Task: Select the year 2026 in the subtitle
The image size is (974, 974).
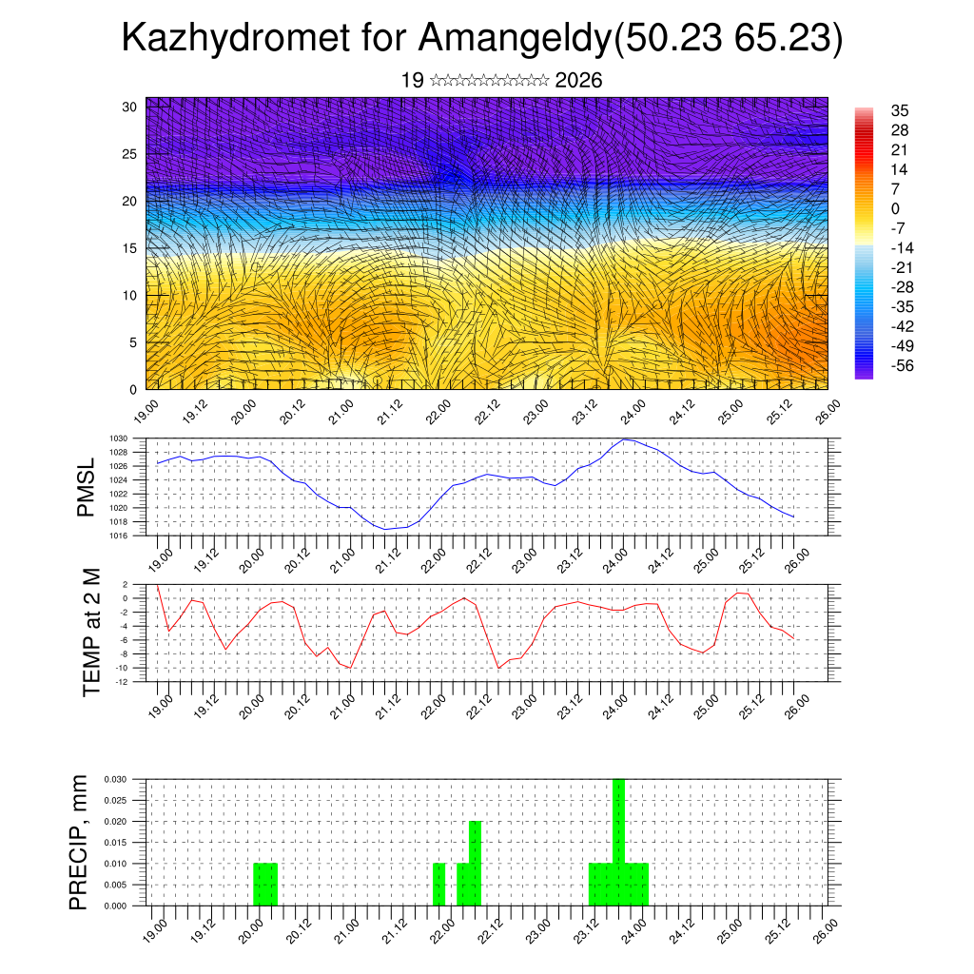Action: point(578,81)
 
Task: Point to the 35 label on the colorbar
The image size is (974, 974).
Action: point(900,111)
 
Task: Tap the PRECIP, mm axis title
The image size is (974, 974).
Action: point(80,842)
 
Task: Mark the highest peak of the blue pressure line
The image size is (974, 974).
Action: point(623,439)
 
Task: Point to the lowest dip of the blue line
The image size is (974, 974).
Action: point(386,529)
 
